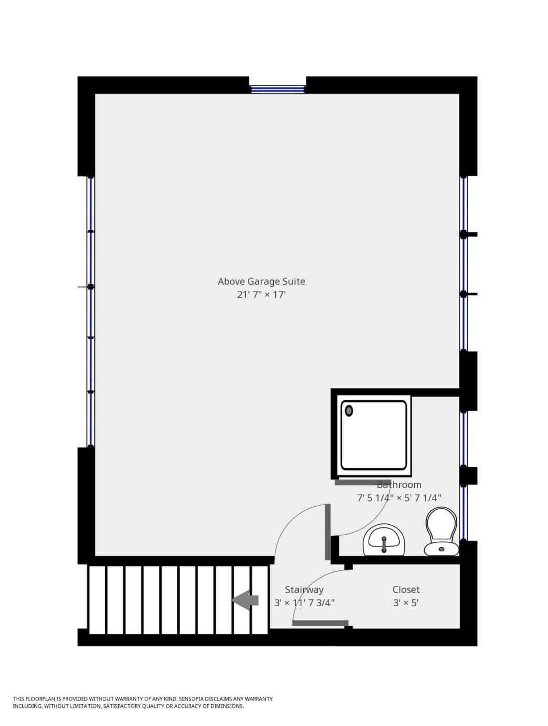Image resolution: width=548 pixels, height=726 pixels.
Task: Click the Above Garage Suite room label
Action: click(261, 282)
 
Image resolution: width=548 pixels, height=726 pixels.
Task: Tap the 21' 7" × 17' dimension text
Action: click(261, 295)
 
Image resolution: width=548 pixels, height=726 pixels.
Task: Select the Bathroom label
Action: click(399, 485)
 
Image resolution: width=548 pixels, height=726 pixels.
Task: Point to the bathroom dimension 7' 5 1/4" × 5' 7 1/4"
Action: click(399, 498)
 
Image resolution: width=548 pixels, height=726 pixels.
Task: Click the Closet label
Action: click(406, 590)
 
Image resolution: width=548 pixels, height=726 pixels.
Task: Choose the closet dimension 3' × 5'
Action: click(406, 603)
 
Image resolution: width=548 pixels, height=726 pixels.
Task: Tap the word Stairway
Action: click(304, 590)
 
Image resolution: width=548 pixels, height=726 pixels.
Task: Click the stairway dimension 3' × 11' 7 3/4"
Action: click(304, 603)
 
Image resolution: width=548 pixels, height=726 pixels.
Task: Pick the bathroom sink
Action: click(384, 540)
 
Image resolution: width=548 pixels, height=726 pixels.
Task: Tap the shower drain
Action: click(349, 411)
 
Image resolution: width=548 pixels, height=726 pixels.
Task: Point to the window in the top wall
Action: click(277, 89)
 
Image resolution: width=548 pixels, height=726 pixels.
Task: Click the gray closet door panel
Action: click(320, 623)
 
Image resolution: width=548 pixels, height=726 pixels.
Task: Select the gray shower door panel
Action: click(362, 482)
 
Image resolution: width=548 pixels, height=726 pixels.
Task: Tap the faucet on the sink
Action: click(384, 544)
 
